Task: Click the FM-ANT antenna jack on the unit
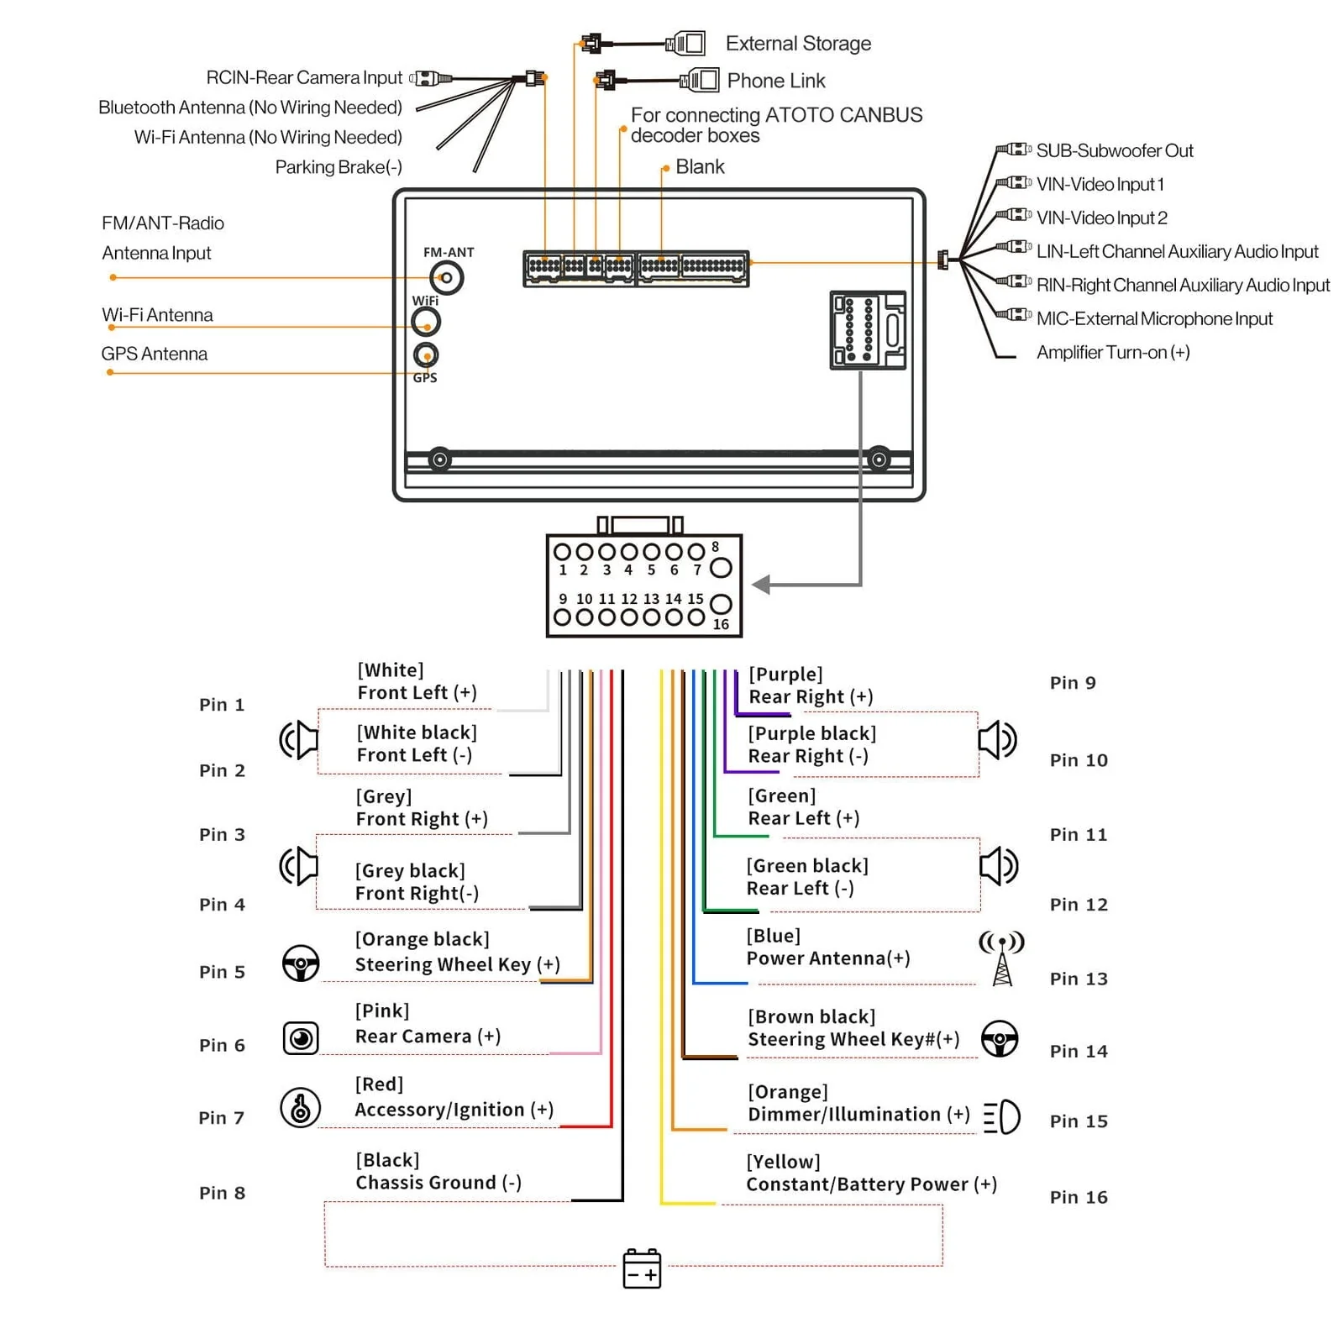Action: click(447, 278)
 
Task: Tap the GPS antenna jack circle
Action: click(426, 354)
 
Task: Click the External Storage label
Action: click(798, 44)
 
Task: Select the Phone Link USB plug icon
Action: click(700, 81)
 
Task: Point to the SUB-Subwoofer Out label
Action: click(1115, 151)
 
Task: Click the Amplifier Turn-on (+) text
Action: click(1113, 353)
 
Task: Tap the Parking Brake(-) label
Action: click(339, 167)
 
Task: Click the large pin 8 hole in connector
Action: click(721, 568)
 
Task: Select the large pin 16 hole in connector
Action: click(721, 604)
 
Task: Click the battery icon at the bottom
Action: click(642, 1268)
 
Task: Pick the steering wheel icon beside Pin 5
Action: click(300, 963)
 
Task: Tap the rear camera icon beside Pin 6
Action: click(300, 1038)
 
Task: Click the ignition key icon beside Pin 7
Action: click(300, 1107)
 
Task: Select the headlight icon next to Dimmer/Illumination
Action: click(1002, 1117)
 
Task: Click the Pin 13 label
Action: click(1079, 979)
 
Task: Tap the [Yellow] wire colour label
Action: click(784, 1162)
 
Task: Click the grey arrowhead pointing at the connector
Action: click(761, 585)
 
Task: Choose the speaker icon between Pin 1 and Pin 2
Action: click(299, 740)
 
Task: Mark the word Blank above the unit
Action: click(700, 167)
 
